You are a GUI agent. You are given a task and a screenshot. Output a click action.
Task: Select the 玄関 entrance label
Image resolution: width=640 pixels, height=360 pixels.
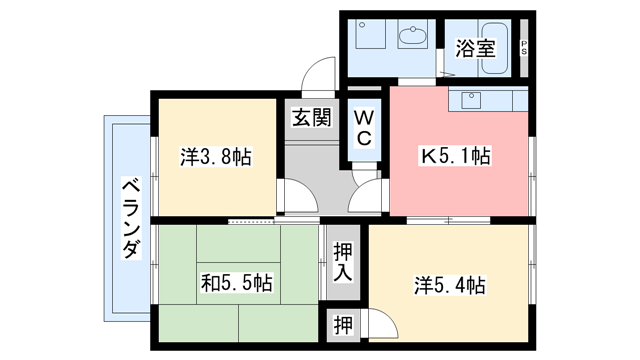[x=311, y=117]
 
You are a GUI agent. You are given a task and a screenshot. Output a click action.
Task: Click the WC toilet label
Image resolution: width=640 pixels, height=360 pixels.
[x=364, y=127]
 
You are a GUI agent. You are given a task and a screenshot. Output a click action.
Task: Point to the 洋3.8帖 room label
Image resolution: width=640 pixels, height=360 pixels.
[x=215, y=157]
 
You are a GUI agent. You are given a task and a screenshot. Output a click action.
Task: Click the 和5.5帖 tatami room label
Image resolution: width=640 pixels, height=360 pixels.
[x=236, y=283]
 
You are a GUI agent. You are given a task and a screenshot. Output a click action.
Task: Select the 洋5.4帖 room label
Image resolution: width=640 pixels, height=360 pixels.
[x=450, y=285]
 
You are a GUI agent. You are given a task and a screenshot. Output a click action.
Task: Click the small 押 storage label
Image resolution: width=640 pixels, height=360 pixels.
[x=342, y=325]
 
